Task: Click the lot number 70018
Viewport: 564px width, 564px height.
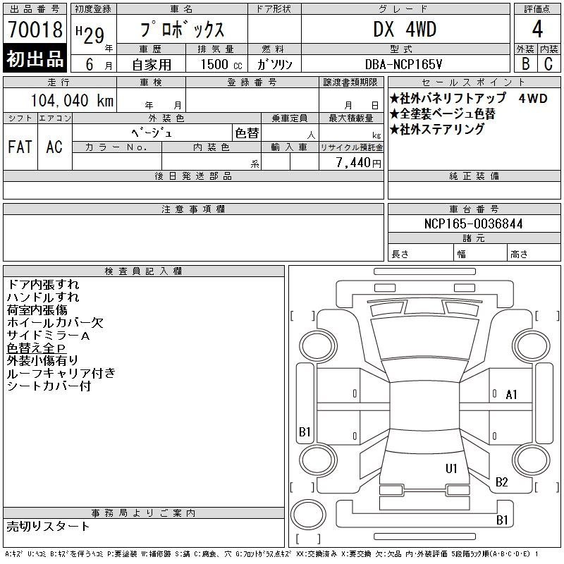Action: (x=35, y=30)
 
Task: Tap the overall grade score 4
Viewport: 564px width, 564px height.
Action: (x=537, y=29)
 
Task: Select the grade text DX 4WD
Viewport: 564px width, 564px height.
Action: (x=405, y=29)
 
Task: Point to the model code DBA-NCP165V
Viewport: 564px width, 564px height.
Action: (x=403, y=64)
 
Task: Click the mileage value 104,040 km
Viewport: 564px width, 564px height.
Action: (x=73, y=100)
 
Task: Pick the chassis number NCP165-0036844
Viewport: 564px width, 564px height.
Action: (x=473, y=223)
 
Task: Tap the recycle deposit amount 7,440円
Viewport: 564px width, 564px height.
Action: (x=359, y=163)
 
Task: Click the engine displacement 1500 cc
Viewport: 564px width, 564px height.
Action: (x=221, y=64)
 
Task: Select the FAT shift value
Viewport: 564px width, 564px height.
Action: (x=20, y=147)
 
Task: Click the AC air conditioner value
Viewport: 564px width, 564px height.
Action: (x=54, y=147)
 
